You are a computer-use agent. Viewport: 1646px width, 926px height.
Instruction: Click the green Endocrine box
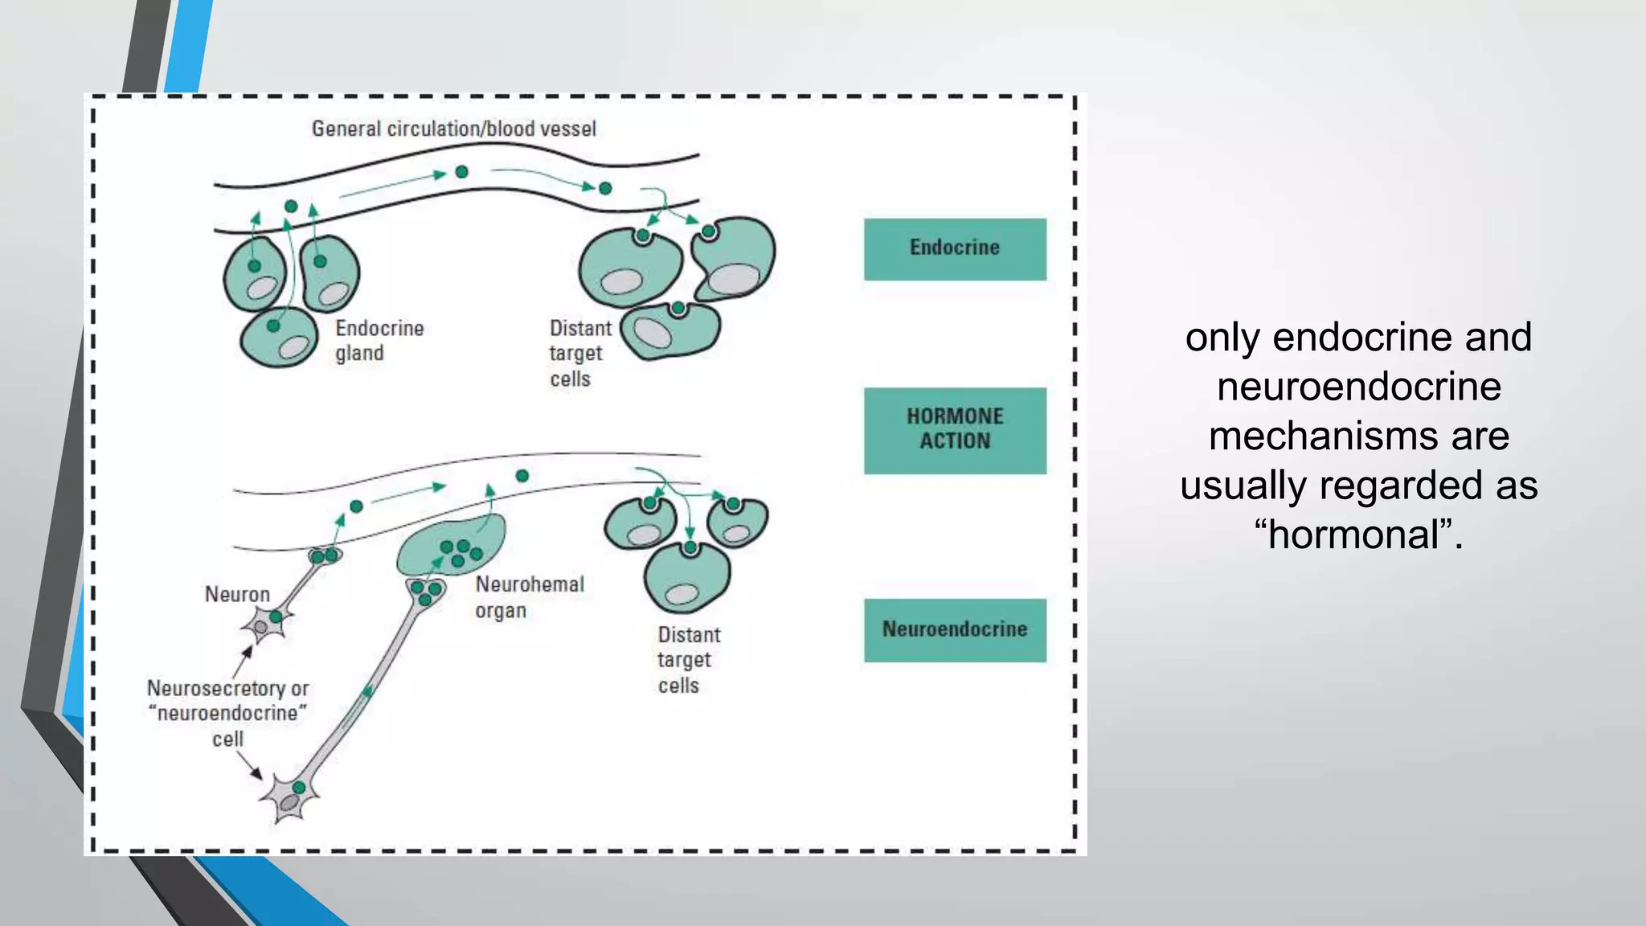[x=955, y=248]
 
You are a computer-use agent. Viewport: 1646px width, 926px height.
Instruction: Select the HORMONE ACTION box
[x=955, y=430]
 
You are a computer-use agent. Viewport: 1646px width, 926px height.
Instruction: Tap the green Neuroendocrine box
[x=955, y=629]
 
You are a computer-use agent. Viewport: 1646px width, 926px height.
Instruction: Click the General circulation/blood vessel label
[x=453, y=129]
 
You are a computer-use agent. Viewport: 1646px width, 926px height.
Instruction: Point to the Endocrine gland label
[x=379, y=341]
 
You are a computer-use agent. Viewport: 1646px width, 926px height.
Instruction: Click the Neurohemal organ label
[x=529, y=597]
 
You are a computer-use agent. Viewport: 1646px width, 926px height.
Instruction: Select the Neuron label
[x=237, y=594]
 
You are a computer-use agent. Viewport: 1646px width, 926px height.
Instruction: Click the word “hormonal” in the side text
[x=1357, y=535]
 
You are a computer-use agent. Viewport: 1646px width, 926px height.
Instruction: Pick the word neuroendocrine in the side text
[x=1359, y=387]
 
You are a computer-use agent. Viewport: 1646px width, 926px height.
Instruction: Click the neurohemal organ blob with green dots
[x=450, y=544]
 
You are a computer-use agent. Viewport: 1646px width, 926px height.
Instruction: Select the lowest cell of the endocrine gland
[x=279, y=338]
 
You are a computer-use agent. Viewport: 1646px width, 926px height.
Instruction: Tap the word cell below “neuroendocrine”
[x=227, y=740]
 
